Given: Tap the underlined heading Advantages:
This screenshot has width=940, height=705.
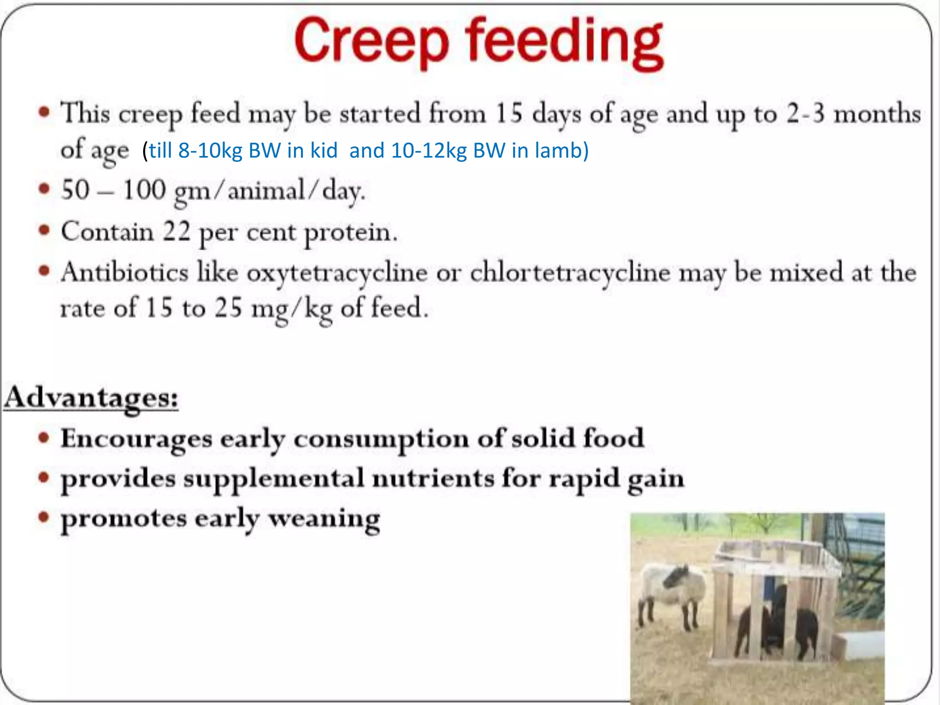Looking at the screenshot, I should [x=91, y=397].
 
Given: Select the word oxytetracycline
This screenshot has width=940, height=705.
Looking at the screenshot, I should [x=337, y=273].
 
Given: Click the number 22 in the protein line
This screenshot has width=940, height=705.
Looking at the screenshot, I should [x=176, y=232].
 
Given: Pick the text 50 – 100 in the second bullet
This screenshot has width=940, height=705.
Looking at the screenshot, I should [x=113, y=190].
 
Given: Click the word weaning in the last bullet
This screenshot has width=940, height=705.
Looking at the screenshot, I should [x=324, y=520].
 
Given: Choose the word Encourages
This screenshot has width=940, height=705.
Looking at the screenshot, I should [x=136, y=439].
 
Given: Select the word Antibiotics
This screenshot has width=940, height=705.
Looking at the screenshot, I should [x=125, y=272].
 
